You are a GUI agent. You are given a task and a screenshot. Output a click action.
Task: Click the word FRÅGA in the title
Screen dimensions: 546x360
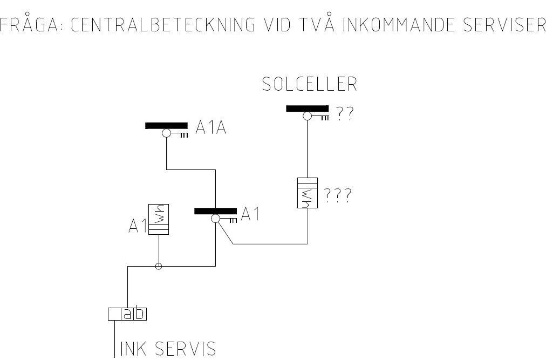[x=29, y=24]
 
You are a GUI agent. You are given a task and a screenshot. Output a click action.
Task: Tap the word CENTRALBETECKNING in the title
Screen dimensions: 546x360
[x=163, y=24]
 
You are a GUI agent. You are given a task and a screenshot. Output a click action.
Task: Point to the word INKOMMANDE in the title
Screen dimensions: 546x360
[x=399, y=24]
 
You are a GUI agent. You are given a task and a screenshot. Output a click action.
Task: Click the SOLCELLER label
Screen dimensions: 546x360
[x=310, y=84]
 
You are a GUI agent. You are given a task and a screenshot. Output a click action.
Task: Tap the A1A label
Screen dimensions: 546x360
[x=211, y=127]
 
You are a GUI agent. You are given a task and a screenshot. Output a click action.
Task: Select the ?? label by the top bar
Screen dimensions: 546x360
[x=345, y=113]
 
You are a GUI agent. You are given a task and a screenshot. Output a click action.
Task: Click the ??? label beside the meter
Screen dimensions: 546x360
[x=338, y=195]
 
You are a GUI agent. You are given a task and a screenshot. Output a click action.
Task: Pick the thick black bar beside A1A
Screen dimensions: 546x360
[x=167, y=126]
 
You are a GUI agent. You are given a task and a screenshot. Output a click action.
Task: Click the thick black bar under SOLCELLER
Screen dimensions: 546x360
[x=307, y=108]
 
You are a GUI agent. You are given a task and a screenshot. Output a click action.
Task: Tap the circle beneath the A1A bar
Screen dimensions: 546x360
[x=167, y=133]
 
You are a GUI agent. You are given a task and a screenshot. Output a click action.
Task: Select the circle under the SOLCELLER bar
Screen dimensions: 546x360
[x=307, y=116]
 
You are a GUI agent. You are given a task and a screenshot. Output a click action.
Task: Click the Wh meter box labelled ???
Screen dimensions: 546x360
[x=308, y=193]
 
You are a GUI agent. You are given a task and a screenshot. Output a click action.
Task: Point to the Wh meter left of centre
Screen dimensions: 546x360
[x=159, y=219]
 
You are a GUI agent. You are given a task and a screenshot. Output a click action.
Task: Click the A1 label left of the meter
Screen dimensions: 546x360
[x=138, y=226]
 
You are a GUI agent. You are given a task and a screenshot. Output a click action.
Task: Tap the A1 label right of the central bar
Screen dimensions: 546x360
[x=250, y=214]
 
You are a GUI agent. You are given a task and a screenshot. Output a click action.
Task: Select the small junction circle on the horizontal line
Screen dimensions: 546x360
[x=159, y=267]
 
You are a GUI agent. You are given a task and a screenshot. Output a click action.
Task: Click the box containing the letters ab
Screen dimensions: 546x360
[x=127, y=314]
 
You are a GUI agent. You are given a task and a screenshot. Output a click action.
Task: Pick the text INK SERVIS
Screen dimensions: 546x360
[x=168, y=349]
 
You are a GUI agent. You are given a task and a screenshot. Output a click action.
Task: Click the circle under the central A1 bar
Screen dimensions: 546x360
[x=216, y=219]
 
